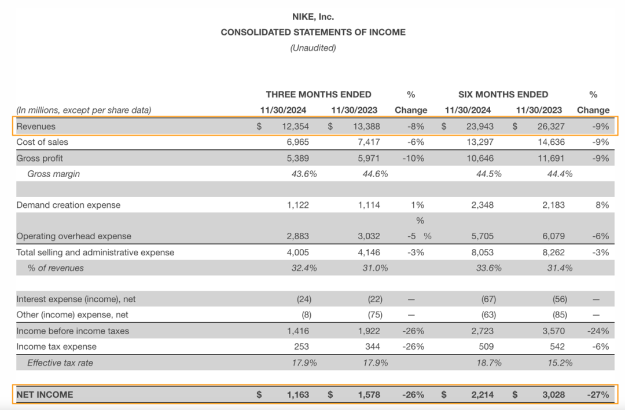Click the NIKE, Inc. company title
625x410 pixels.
click(312, 17)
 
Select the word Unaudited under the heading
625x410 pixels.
click(312, 48)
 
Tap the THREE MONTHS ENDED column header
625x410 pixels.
click(318, 94)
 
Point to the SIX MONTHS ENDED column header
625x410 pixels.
click(503, 94)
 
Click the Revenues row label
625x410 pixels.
click(36, 126)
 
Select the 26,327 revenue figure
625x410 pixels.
click(550, 126)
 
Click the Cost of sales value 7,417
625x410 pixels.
click(366, 142)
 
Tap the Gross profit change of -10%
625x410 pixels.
click(412, 158)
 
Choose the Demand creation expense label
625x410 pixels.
click(68, 205)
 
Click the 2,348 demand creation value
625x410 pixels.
click(479, 205)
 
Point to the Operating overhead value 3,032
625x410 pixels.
click(366, 236)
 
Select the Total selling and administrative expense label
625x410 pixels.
click(95, 252)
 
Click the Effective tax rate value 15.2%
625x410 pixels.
click(560, 363)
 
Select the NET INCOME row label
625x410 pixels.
click(45, 395)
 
